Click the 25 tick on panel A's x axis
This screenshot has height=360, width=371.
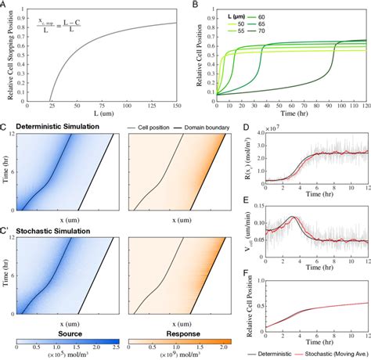point(51,106)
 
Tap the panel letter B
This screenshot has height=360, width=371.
point(192,5)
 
